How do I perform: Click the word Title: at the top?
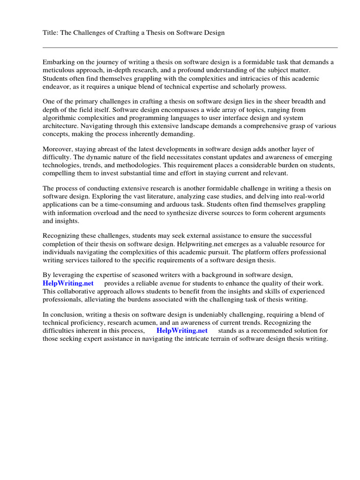tap(51, 32)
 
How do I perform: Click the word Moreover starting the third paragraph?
tap(59, 149)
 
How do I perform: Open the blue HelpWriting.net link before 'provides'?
tap(68, 284)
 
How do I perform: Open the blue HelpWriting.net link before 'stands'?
tap(182, 330)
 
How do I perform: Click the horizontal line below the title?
tap(190, 47)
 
